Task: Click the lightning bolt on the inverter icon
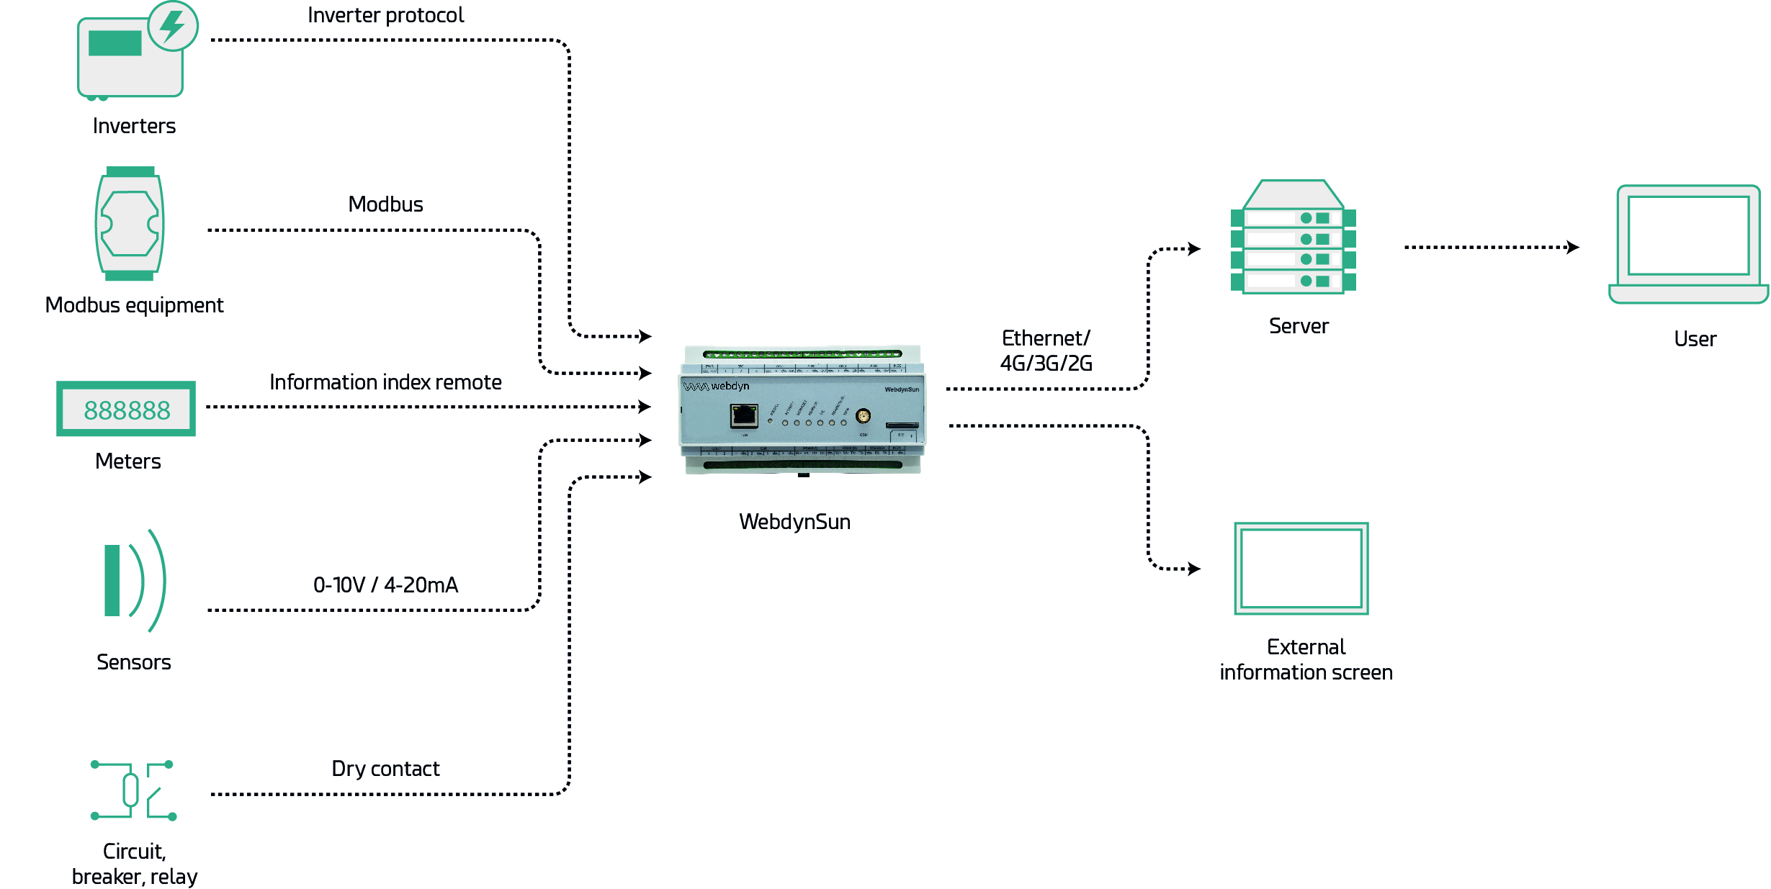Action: pos(173,24)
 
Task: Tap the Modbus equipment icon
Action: pos(130,224)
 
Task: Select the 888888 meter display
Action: pos(126,410)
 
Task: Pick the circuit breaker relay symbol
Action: pos(133,790)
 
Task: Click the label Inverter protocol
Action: pos(385,15)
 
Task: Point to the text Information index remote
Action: pos(385,382)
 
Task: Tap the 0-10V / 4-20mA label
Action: pos(385,585)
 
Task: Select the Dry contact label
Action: pos(385,769)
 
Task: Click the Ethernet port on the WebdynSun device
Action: pos(744,416)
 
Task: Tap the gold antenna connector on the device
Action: pos(863,415)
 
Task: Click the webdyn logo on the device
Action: pos(716,387)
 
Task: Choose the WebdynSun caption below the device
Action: pos(794,522)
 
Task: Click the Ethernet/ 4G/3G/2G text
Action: pos(1046,351)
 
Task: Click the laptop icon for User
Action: pos(1688,245)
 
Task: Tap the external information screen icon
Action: pos(1301,569)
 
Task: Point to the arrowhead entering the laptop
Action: pos(1574,248)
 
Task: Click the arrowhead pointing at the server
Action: pos(1195,249)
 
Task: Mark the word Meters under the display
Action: pos(128,461)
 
